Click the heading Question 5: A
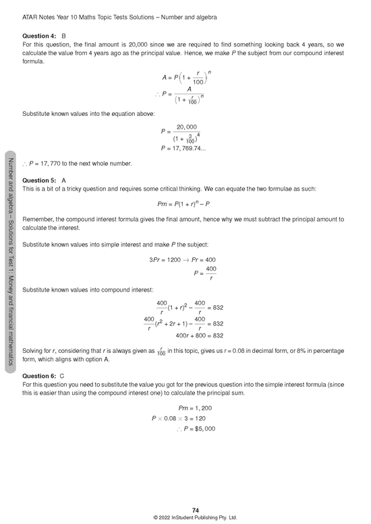[44, 181]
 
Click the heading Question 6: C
[44, 376]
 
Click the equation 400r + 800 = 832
[199, 335]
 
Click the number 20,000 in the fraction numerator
[186, 127]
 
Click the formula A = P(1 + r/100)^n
[186, 76]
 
